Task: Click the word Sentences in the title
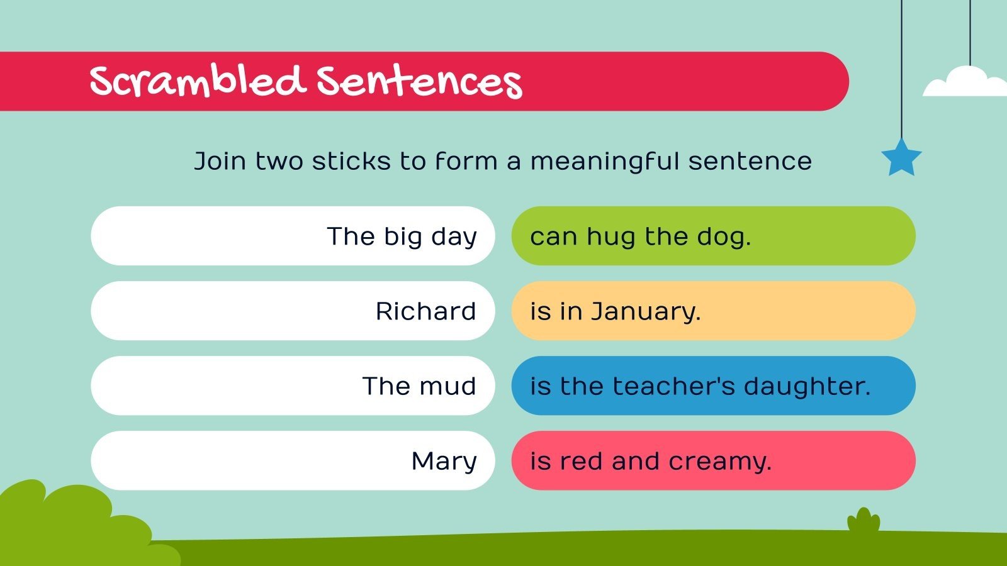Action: [x=419, y=82]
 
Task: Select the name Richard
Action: [x=425, y=311]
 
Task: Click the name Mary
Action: [x=444, y=461]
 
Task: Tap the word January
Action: [x=645, y=311]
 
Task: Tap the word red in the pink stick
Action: [x=582, y=462]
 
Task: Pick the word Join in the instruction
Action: [x=220, y=161]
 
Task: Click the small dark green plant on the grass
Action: [x=864, y=522]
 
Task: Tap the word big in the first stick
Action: [x=403, y=237]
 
